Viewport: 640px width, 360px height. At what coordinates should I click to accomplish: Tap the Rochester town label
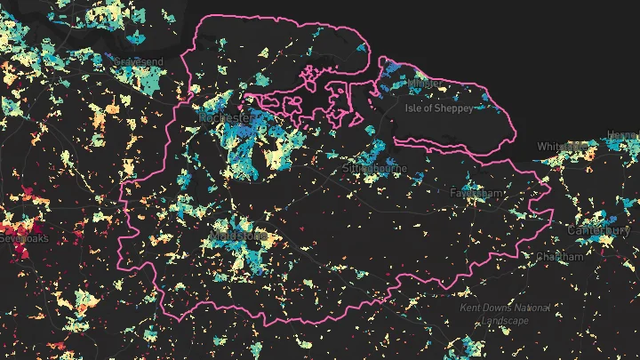[x=226, y=116]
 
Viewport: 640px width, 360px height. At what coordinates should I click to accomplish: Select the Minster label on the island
[x=424, y=83]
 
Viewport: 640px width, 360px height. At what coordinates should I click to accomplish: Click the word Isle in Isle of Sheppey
[x=415, y=108]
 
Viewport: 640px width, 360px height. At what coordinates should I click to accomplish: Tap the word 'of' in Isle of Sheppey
[x=435, y=108]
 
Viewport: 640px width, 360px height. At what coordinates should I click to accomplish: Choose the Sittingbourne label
[x=375, y=167]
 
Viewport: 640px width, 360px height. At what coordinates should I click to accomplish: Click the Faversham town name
[x=478, y=193]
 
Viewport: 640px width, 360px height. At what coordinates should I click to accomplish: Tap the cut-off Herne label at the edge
[x=623, y=135]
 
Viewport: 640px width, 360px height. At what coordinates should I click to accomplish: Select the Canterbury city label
[x=598, y=231]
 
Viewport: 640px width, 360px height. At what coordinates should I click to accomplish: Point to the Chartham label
[x=559, y=257]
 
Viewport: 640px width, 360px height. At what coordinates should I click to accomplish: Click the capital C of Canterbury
[x=572, y=231]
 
